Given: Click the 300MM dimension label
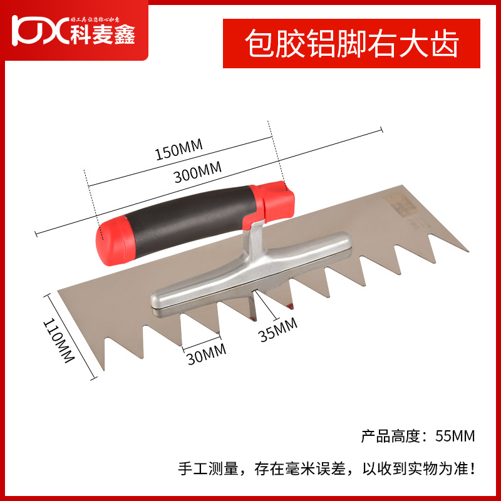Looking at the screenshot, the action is [199, 173].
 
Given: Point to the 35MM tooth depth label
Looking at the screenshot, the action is [277, 328].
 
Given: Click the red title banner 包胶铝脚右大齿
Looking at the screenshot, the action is [352, 44].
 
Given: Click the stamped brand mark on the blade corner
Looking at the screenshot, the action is [399, 204].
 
